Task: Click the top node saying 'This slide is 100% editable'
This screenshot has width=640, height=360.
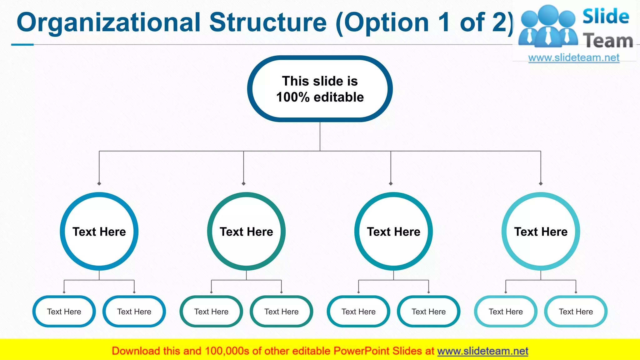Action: pos(320,89)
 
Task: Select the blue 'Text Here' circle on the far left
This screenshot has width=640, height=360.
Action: pos(99,232)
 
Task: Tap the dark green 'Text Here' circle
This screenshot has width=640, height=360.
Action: pos(246,232)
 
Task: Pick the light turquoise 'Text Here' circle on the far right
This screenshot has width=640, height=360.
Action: pos(541,232)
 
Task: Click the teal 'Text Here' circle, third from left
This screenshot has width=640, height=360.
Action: pos(393,232)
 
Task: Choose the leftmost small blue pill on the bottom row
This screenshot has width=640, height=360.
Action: pos(64,312)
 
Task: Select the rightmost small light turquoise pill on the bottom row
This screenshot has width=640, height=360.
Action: pos(576,312)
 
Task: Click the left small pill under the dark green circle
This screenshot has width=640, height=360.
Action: pos(211,312)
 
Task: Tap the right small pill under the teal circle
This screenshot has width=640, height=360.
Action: pos(428,312)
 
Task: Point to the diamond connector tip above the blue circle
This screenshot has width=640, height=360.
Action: pos(99,183)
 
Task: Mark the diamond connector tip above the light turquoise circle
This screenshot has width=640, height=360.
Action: pos(541,183)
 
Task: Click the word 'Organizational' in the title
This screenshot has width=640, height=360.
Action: pos(108,22)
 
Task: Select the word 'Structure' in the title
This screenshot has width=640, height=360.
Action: pos(268,22)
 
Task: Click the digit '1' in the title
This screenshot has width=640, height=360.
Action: pos(444,22)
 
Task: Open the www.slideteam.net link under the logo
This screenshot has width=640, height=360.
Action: pos(574,58)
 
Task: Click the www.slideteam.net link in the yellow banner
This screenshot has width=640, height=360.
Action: pos(482,351)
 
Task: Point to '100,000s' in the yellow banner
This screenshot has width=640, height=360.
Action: pos(227,351)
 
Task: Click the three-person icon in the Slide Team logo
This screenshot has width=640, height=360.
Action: pos(548,27)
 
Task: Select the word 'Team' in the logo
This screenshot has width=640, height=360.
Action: pos(608,41)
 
